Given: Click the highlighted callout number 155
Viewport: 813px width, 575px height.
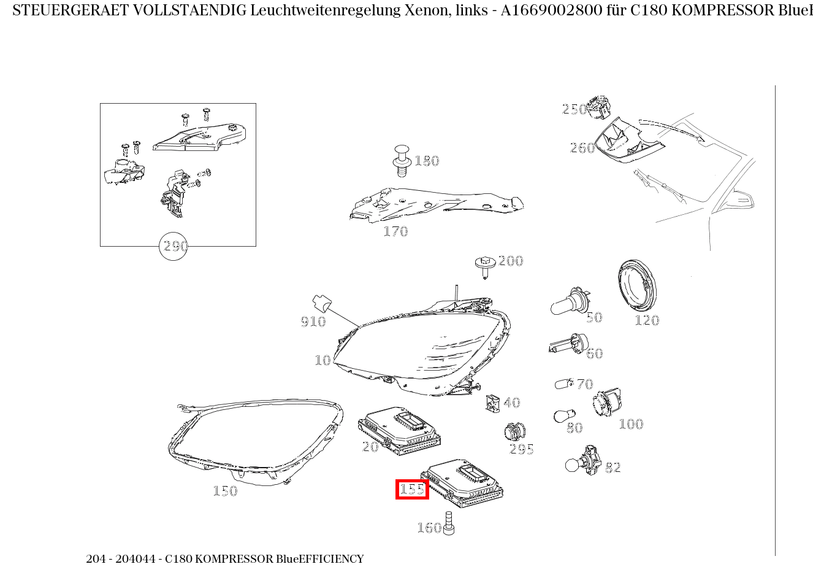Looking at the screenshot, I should pyautogui.click(x=411, y=489).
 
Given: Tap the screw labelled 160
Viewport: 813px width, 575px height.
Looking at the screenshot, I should pyautogui.click(x=448, y=523).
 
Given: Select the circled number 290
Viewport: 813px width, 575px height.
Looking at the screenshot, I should pyautogui.click(x=174, y=246).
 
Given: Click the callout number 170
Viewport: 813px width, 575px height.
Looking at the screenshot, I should pyautogui.click(x=395, y=231).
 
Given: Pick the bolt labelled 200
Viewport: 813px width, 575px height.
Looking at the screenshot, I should pyautogui.click(x=484, y=265).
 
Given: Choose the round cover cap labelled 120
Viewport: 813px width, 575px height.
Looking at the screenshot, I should pyautogui.click(x=636, y=287).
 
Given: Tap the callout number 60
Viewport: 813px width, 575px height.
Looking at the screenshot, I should pyautogui.click(x=594, y=353).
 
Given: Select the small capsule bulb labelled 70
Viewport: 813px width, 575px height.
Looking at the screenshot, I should pyautogui.click(x=563, y=384).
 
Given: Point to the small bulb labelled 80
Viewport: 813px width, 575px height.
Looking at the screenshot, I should pyautogui.click(x=560, y=416).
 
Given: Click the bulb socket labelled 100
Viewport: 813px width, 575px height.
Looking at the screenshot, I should pyautogui.click(x=606, y=403).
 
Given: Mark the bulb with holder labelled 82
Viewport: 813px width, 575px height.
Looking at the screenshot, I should pyautogui.click(x=581, y=461).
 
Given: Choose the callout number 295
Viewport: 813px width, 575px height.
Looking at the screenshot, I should pyautogui.click(x=522, y=449).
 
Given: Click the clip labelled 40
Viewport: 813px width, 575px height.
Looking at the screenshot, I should pyautogui.click(x=493, y=402).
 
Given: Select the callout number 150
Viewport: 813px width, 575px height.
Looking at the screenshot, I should pyautogui.click(x=225, y=491).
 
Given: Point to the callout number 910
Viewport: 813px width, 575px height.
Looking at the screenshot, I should pyautogui.click(x=313, y=322).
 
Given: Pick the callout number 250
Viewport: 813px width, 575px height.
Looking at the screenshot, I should pyautogui.click(x=574, y=109).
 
